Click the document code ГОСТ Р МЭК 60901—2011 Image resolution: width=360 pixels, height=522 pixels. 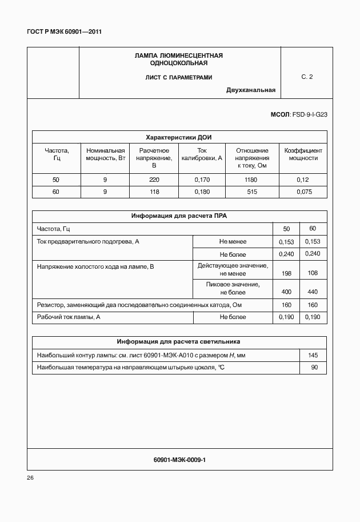tap(64, 32)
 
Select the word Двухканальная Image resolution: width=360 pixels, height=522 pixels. tap(250, 90)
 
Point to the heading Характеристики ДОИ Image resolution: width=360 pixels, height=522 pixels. tap(179, 137)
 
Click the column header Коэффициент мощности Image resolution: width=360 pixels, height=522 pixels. tap(303, 154)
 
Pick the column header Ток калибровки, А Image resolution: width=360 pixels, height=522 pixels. tap(201, 154)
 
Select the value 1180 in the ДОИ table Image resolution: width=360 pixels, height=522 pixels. tap(251, 180)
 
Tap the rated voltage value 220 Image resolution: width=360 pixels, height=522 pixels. tap(154, 180)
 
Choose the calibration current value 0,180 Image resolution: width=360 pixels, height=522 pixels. tap(202, 192)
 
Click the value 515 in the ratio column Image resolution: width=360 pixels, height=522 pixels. tap(251, 192)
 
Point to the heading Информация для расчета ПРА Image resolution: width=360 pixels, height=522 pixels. tap(179, 216)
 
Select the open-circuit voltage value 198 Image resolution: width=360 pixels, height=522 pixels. tap(287, 273)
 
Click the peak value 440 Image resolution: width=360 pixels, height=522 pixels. tap(313, 292)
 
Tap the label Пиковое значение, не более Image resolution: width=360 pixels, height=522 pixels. tap(233, 288)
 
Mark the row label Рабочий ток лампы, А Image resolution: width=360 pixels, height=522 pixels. tap(69, 317)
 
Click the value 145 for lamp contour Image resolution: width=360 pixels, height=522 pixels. tap(313, 355)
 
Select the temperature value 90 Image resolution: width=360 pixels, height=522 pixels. tap(314, 368)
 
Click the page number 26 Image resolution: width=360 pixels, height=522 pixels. tap(30, 477)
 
